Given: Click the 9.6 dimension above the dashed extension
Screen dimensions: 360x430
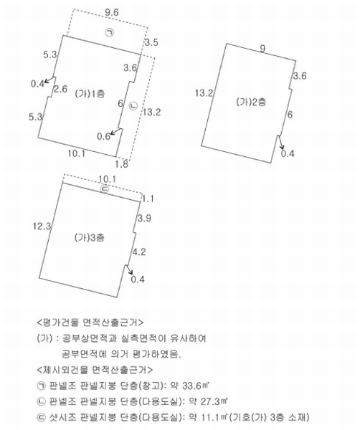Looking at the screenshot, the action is [112, 13].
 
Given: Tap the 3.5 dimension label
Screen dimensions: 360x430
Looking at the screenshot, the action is [151, 42].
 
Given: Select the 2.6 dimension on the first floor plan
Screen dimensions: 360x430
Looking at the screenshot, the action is [60, 89].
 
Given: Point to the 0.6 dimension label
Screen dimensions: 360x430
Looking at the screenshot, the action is [103, 136].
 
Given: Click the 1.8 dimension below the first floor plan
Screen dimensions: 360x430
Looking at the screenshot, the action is [121, 164].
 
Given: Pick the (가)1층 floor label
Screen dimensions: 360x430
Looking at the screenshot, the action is [90, 94].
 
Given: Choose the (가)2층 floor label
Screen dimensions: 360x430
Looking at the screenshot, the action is [251, 102].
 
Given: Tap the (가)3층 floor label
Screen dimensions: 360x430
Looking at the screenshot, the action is [90, 237].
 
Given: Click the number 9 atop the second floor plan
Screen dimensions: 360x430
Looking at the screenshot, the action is [262, 49].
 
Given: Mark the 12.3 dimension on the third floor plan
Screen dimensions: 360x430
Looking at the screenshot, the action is [42, 226].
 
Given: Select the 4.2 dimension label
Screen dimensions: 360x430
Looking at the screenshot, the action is [139, 252].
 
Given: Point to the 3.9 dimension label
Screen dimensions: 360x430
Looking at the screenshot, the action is [144, 219].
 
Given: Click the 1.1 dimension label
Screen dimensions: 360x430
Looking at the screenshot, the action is [148, 199].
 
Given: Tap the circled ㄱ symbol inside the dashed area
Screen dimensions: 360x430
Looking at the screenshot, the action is [110, 32].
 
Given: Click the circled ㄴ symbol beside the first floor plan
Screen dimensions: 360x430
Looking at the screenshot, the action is [133, 106].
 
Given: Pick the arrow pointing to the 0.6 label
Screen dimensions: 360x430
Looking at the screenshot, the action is [116, 131].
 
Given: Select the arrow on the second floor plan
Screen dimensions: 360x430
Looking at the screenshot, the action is [281, 143].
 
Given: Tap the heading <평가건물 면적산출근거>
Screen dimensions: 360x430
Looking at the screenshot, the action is [90, 322].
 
